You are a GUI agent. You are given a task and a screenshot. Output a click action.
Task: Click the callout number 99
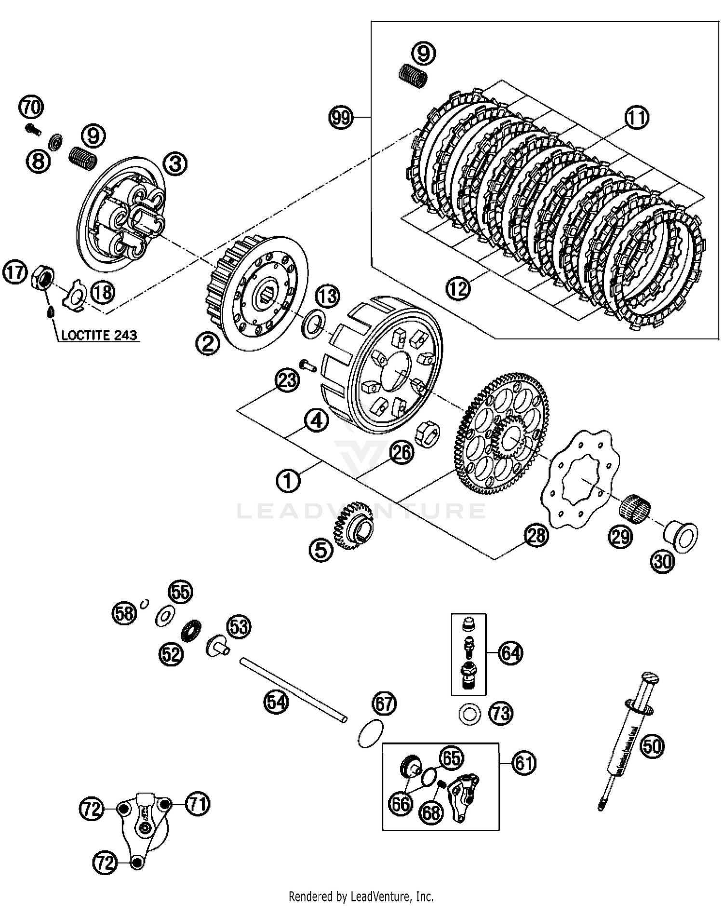(x=341, y=117)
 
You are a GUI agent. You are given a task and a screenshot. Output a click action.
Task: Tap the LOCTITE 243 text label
(x=99, y=335)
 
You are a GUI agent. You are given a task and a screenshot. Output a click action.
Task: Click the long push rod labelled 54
(x=294, y=690)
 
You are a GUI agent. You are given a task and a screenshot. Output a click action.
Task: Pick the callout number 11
(x=637, y=118)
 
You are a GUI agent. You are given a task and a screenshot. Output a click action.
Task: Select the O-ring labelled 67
(x=371, y=734)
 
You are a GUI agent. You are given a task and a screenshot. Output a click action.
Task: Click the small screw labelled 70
(x=33, y=128)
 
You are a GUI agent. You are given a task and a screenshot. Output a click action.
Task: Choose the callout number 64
(x=510, y=653)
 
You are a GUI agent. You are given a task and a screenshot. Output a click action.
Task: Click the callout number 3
(x=175, y=164)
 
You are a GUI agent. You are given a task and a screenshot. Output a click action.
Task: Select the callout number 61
(x=524, y=763)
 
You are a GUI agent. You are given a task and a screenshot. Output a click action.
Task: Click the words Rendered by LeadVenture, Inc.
(x=361, y=896)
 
